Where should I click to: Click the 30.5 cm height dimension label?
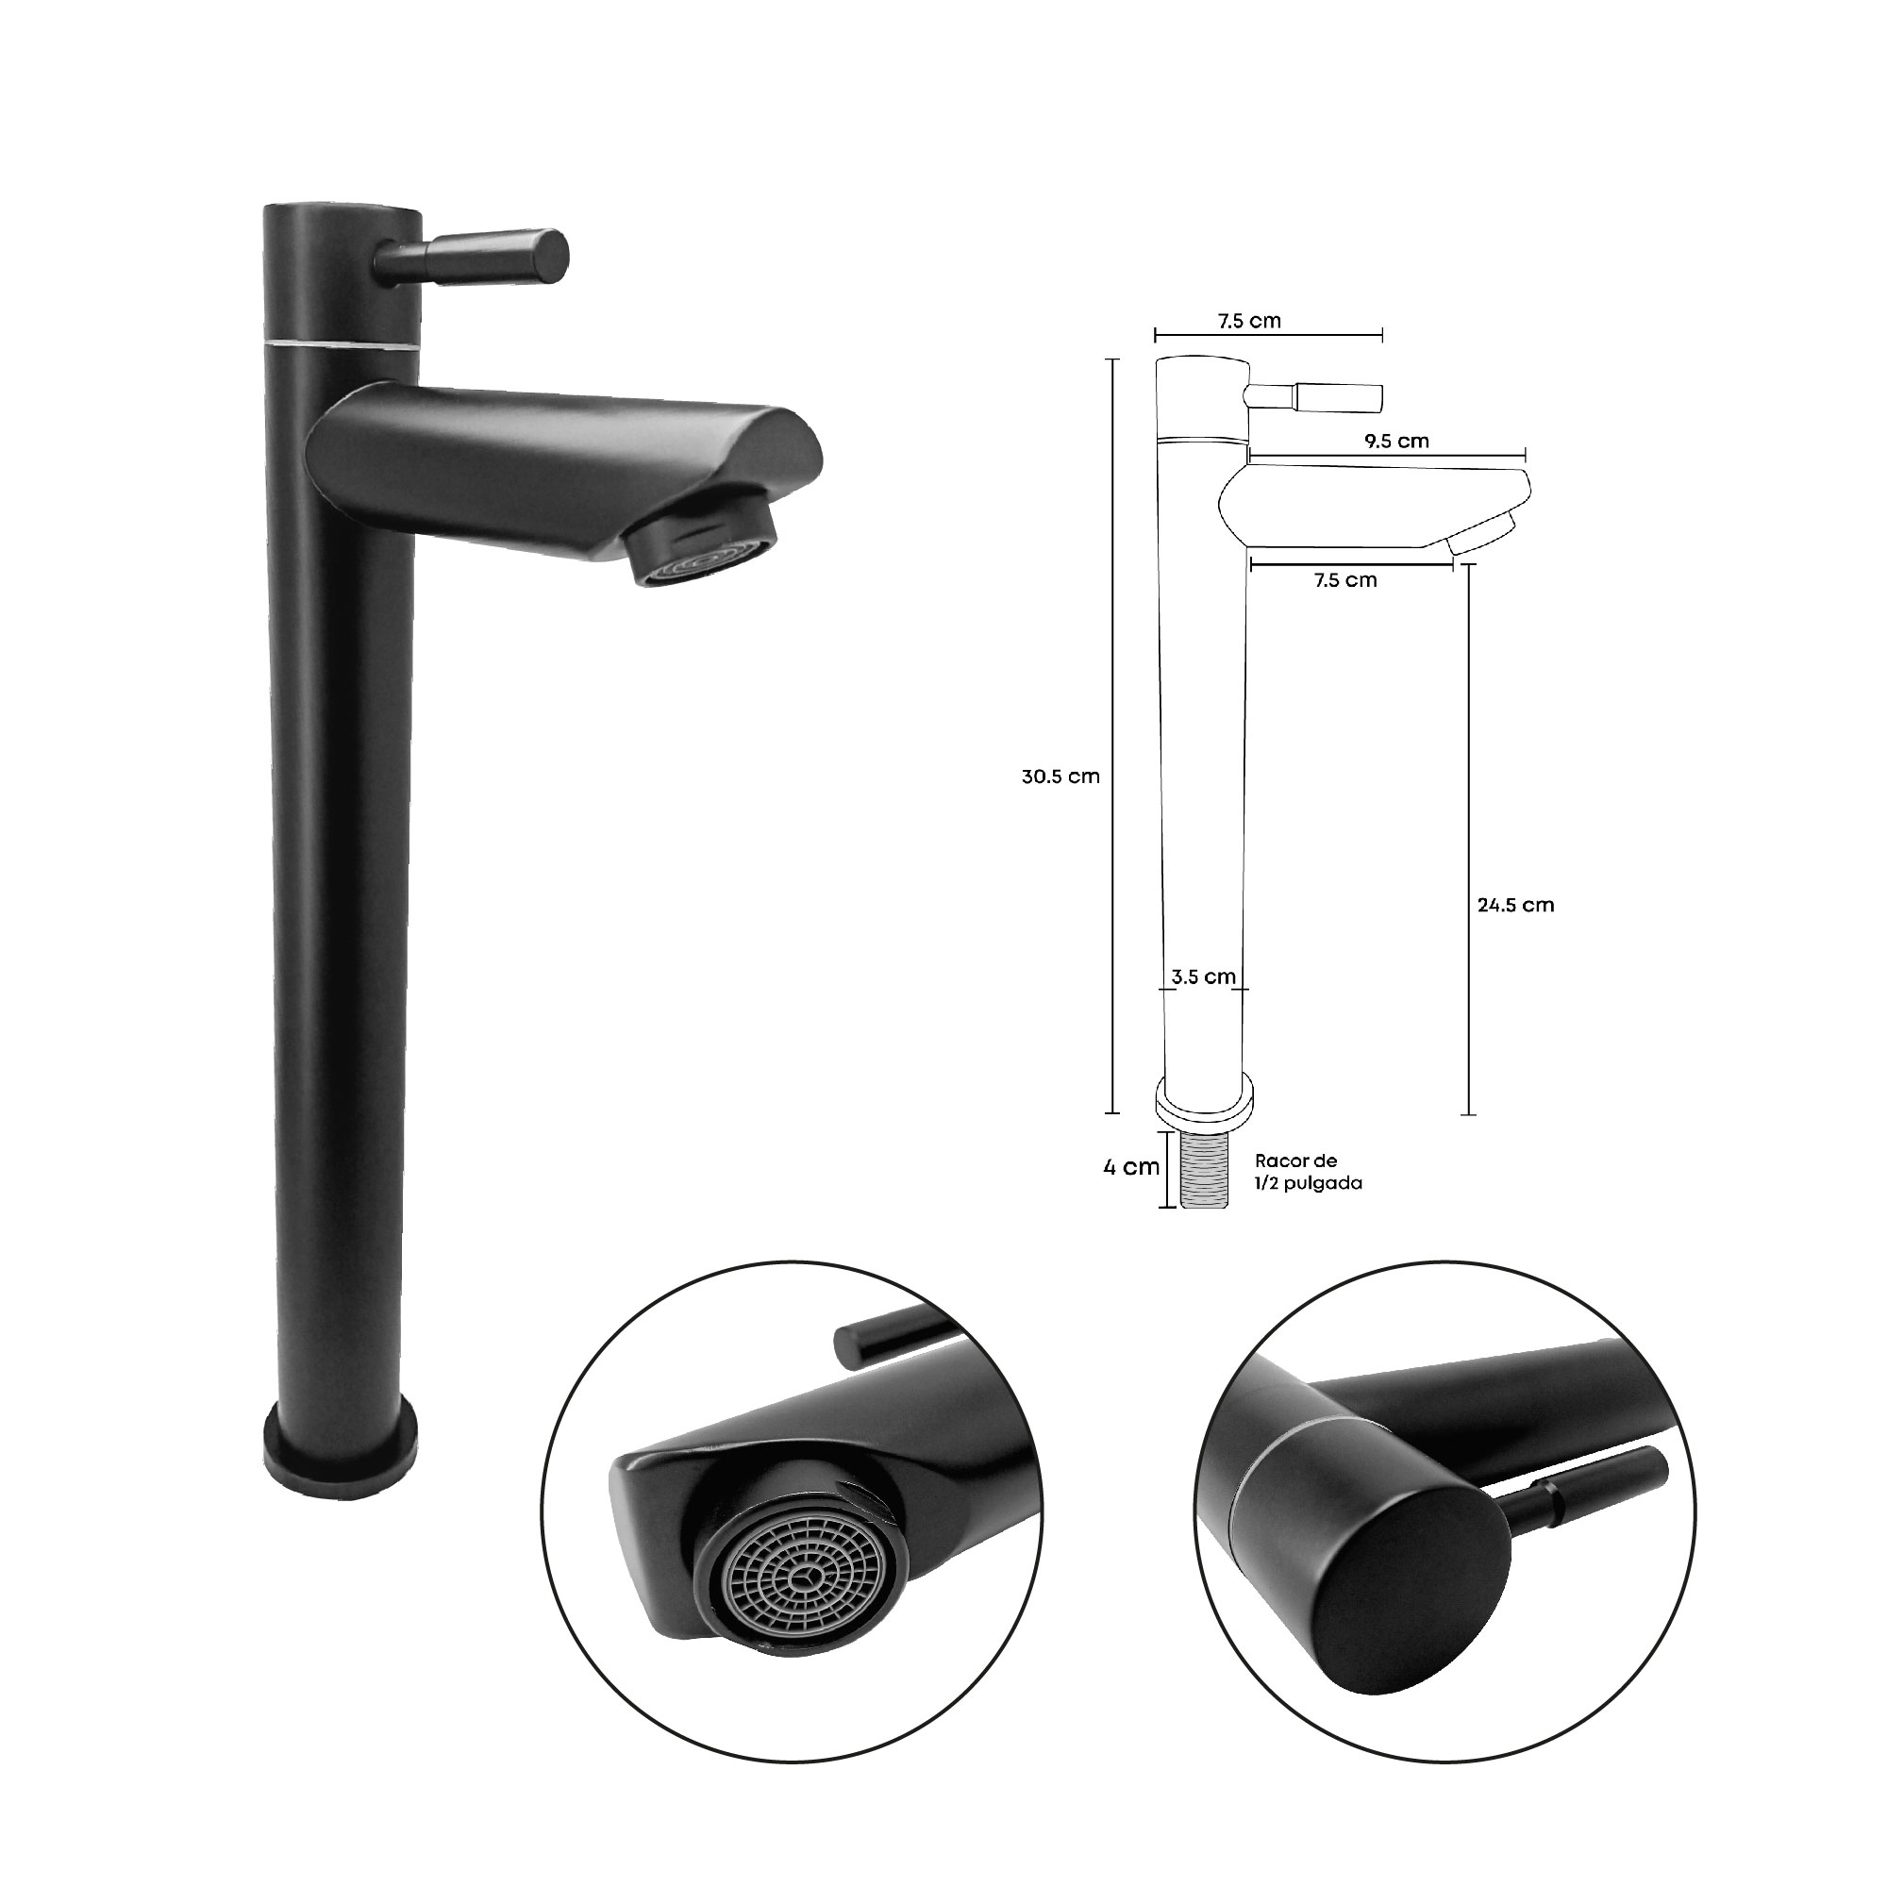pyautogui.click(x=1060, y=777)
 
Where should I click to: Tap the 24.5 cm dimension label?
pyautogui.click(x=1515, y=905)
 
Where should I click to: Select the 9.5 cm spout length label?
pyautogui.click(x=1396, y=441)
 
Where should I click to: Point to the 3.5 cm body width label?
pyautogui.click(x=1202, y=976)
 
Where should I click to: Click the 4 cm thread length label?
pyautogui.click(x=1131, y=1166)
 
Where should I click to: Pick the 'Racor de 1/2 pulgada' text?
pyautogui.click(x=1308, y=1171)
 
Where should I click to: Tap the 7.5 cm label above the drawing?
pyautogui.click(x=1249, y=321)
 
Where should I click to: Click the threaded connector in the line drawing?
pyautogui.click(x=1204, y=1171)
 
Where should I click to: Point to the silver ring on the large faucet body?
pyautogui.click(x=341, y=343)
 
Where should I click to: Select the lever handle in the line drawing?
pyautogui.click(x=1314, y=396)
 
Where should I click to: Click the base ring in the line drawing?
pyautogui.click(x=1205, y=1104)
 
